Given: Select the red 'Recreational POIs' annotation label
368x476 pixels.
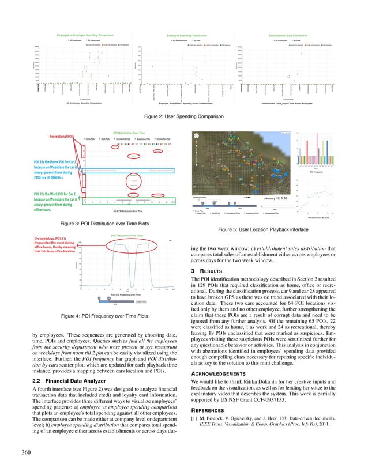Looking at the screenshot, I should (62, 137).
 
